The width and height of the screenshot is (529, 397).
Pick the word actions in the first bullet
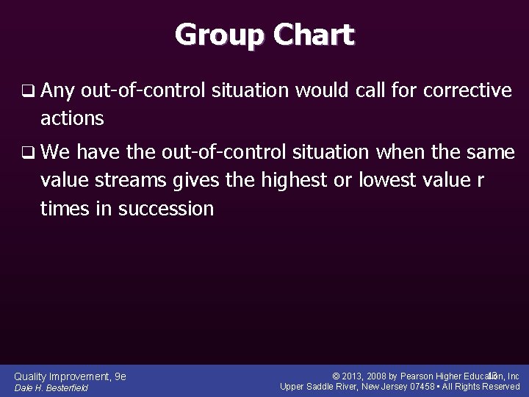click(x=72, y=118)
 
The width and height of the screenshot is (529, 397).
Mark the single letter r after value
click(x=480, y=181)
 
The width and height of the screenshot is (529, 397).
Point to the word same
click(x=490, y=153)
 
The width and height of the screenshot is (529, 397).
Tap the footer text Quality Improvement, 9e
click(x=71, y=376)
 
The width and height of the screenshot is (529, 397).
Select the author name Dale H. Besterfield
click(x=51, y=387)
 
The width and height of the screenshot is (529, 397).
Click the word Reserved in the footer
click(x=500, y=387)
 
